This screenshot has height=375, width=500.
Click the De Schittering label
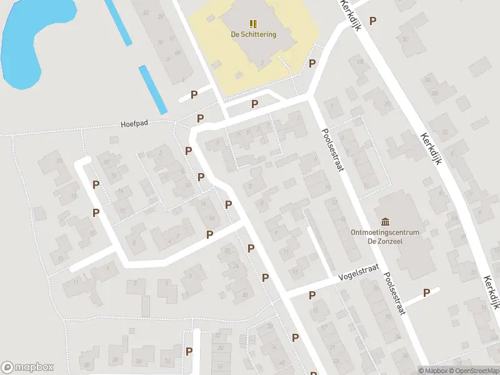point(253,34)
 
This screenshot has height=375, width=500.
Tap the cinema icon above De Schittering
point(253,24)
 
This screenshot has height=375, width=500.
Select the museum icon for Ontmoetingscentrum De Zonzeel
point(385,222)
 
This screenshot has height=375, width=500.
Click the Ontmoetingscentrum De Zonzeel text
point(385,236)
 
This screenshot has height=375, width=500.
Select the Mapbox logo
point(27,367)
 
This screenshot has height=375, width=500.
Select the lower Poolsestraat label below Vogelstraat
point(394,294)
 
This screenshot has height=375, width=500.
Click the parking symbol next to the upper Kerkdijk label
point(373,21)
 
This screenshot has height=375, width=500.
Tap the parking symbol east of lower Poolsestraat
point(427,292)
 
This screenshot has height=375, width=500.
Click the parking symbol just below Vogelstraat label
point(312,295)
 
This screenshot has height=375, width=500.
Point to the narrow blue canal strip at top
point(118,22)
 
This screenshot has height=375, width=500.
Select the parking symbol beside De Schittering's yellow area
point(312,63)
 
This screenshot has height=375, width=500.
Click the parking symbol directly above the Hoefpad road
point(201,118)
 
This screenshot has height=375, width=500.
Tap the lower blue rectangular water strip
point(152,89)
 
